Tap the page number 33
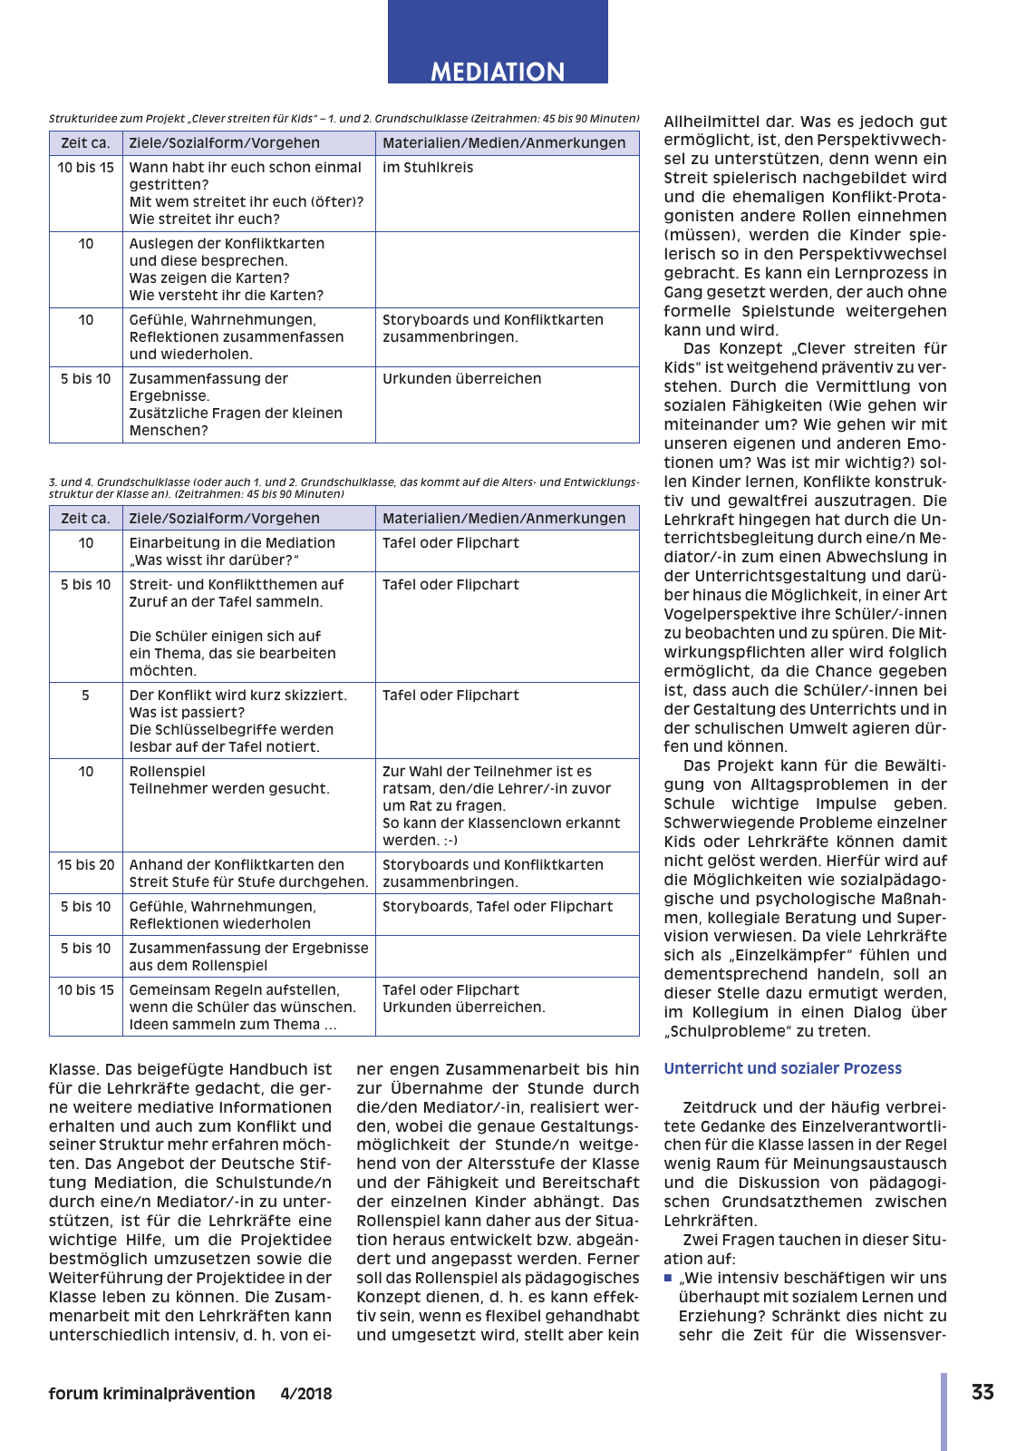coord(982,1392)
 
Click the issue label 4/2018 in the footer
coord(305,1394)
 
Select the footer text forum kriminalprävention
coord(152,1394)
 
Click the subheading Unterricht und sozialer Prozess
coord(782,1068)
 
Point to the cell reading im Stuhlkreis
coord(428,168)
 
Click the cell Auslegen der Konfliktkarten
coord(227,244)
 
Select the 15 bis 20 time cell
coord(85,865)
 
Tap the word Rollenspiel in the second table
coord(168,772)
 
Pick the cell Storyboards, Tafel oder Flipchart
coord(498,907)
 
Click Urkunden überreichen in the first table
coord(461,379)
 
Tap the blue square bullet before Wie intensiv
coord(668,1278)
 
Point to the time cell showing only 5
coord(85,696)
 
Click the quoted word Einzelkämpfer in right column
coord(798,955)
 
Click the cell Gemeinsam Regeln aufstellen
coord(235,990)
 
